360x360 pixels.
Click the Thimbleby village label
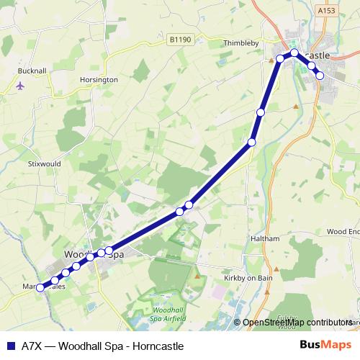pyautogui.click(x=240, y=43)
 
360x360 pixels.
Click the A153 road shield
pyautogui.click(x=326, y=11)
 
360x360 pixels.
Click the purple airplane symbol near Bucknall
pyautogui.click(x=19, y=86)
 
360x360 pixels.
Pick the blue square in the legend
pyautogui.click(x=10, y=346)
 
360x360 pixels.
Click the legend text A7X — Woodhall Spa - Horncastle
pyautogui.click(x=102, y=346)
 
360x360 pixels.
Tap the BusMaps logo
pyautogui.click(x=325, y=346)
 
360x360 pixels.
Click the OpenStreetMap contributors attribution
pyautogui.click(x=297, y=323)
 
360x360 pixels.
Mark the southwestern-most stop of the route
pyautogui.click(x=40, y=287)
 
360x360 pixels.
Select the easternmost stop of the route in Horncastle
pyautogui.click(x=320, y=76)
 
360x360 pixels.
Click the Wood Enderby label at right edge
pyautogui.click(x=343, y=231)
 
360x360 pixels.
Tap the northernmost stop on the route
pyautogui.click(x=294, y=53)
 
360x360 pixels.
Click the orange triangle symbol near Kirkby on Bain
pyautogui.click(x=197, y=276)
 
